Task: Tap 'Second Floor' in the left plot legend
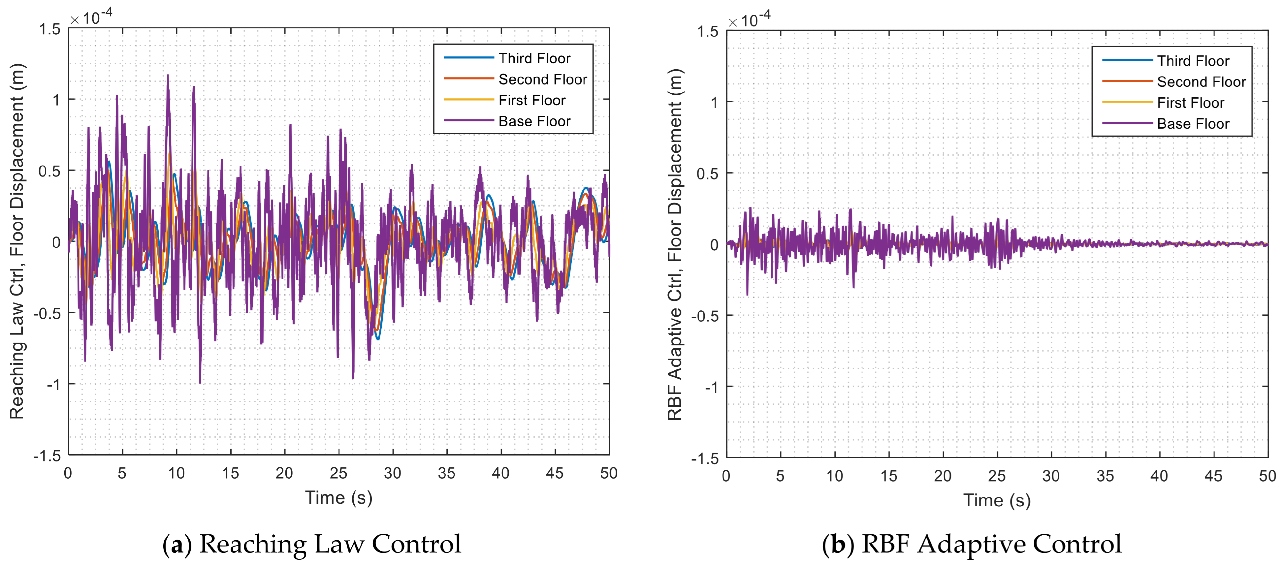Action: [543, 80]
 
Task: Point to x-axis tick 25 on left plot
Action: [339, 473]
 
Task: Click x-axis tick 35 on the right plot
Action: [1105, 476]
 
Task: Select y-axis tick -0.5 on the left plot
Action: [47, 314]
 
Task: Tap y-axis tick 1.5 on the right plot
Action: [707, 32]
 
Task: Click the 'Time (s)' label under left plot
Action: [339, 497]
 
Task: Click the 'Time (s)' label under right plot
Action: [997, 500]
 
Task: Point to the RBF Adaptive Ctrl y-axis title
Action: [674, 244]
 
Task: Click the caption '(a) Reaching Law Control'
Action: [312, 544]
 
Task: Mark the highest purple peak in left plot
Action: [168, 76]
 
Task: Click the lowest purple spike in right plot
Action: [747, 295]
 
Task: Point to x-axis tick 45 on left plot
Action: [555, 473]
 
